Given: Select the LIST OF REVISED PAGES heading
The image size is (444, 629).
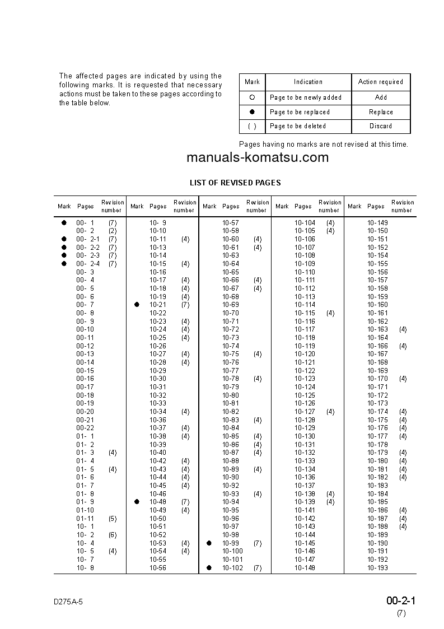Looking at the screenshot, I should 235,183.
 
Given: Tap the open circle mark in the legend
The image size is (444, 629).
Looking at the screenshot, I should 252,97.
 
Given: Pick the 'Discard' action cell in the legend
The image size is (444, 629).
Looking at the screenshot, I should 381,126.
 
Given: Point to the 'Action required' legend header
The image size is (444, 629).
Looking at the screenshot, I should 381,82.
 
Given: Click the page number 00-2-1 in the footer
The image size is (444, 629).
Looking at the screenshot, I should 401,601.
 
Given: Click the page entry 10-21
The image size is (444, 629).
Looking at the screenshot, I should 158,305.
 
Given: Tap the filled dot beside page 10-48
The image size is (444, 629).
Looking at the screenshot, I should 137,502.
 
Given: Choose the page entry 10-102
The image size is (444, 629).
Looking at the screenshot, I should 232,568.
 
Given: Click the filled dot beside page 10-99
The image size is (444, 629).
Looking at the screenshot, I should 209,543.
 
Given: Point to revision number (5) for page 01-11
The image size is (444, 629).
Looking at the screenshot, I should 113,519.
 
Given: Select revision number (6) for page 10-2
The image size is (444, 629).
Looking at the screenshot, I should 113,535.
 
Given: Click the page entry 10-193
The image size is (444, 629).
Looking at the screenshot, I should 377,568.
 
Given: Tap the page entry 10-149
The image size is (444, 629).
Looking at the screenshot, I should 377,223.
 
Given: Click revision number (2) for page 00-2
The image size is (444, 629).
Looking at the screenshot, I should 113,231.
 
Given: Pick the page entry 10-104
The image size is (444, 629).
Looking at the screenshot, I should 305,223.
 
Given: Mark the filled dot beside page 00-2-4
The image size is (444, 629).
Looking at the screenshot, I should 64,264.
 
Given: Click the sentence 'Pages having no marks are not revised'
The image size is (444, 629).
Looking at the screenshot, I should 324,145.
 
